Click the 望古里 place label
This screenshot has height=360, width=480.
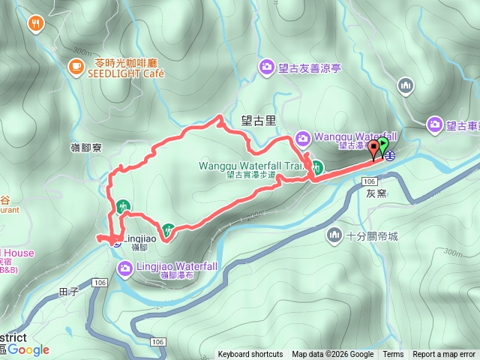tap(258, 118)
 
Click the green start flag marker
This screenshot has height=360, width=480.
tap(383, 144)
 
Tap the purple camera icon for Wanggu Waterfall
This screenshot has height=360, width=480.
tap(302, 137)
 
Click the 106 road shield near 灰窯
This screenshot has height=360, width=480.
tap(368, 181)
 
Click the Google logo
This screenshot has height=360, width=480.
tap(28, 349)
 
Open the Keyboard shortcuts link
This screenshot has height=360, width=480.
tap(250, 355)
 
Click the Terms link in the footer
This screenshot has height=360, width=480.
tap(393, 355)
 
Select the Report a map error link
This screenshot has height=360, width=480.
tap(444, 355)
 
